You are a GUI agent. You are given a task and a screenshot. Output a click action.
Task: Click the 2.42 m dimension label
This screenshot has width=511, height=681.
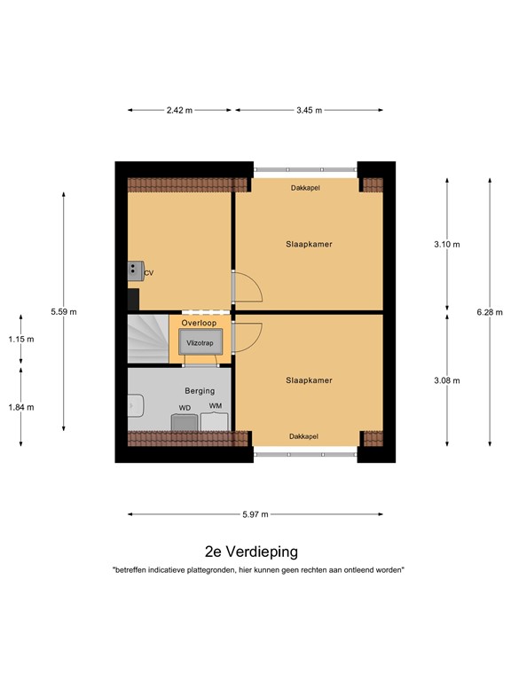(180, 110)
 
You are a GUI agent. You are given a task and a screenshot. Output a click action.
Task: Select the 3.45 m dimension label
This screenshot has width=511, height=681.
(309, 110)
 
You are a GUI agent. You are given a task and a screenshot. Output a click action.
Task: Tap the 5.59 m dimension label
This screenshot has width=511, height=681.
(64, 311)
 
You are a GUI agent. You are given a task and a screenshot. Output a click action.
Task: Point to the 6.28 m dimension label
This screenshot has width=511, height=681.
(490, 311)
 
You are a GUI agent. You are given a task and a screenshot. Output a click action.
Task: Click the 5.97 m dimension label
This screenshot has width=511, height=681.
(255, 513)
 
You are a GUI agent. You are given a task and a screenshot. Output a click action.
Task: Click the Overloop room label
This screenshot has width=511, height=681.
(199, 324)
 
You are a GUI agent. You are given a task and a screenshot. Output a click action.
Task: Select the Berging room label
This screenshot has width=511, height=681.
(199, 390)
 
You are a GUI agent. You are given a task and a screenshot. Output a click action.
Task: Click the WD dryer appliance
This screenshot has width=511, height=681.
(185, 419)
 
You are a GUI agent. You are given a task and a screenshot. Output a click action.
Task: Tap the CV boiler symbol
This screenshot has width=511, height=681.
(136, 270)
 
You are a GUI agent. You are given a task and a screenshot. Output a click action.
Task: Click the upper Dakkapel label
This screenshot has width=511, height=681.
(305, 188)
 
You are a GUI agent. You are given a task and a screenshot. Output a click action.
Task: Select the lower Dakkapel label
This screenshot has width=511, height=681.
(304, 435)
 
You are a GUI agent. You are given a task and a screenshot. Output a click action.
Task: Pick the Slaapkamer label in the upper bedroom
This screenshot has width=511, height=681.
(309, 244)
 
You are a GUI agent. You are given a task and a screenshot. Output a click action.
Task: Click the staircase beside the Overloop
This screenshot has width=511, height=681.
(147, 339)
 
